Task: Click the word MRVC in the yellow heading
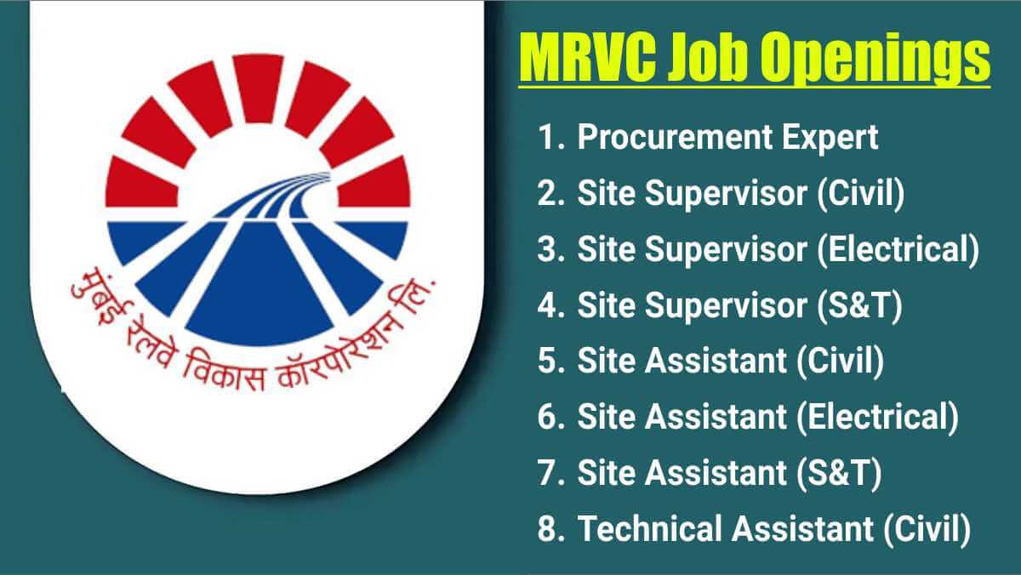point(589,56)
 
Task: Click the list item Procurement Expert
point(727,138)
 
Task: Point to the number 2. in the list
point(550,194)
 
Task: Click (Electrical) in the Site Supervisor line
point(898,250)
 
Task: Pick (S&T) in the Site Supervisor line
point(859,305)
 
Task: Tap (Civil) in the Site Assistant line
point(840,362)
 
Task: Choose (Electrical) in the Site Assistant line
point(877,417)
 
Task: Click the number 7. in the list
point(550,472)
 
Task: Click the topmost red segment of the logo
point(258,88)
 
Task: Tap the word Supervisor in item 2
point(726,195)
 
